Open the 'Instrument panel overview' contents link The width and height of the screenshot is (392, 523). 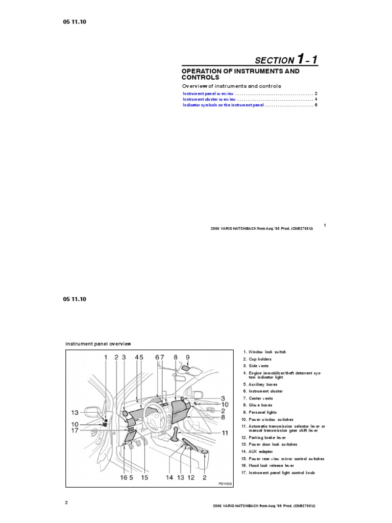pyautogui.click(x=208, y=94)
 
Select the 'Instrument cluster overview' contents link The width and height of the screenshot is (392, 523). pyautogui.click(x=209, y=99)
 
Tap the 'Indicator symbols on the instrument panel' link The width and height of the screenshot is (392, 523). pyautogui.click(x=223, y=105)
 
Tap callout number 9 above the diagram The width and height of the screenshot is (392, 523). pyautogui.click(x=187, y=358)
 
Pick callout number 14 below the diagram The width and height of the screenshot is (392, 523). pyautogui.click(x=169, y=478)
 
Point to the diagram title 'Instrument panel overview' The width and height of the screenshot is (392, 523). pyautogui.click(x=98, y=344)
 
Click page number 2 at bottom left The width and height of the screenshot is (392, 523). pyautogui.click(x=66, y=503)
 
